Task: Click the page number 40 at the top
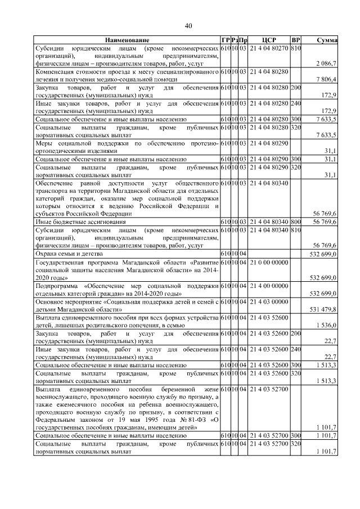click(188, 25)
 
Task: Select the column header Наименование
click(126, 40)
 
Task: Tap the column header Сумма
click(326, 40)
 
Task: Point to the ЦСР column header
click(269, 40)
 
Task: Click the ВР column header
click(296, 40)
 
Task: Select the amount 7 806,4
click(327, 80)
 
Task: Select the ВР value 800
click(296, 222)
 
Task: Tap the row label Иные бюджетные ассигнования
click(71, 222)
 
